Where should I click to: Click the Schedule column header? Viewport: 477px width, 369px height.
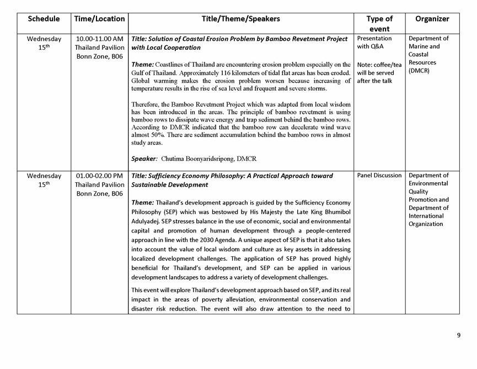click(44, 19)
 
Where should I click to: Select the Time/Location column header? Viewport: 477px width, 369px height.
click(99, 19)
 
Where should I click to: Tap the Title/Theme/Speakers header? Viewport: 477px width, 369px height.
click(240, 19)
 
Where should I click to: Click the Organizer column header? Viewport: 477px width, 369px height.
click(432, 19)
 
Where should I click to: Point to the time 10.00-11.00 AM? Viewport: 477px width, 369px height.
click(100, 39)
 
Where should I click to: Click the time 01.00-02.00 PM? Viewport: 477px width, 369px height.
click(100, 176)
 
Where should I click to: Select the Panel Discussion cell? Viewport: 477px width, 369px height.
click(379, 176)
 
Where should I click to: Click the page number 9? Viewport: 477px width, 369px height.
click(458, 335)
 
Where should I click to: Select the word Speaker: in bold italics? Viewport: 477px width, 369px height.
click(144, 159)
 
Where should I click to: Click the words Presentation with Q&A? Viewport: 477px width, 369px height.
click(374, 43)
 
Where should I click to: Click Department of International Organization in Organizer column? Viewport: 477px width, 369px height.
click(429, 216)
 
